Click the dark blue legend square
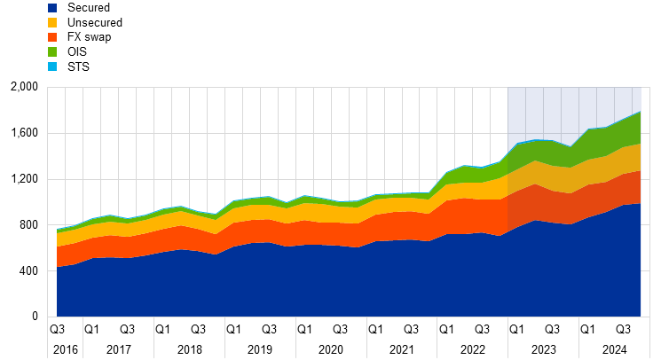52,8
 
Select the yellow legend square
52,22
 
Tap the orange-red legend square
52,37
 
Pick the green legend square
52,51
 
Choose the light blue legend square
52,67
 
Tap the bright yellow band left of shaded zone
266,212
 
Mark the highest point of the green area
640,112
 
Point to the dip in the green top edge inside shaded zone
571,147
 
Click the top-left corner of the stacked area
57,230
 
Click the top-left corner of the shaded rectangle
508,87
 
